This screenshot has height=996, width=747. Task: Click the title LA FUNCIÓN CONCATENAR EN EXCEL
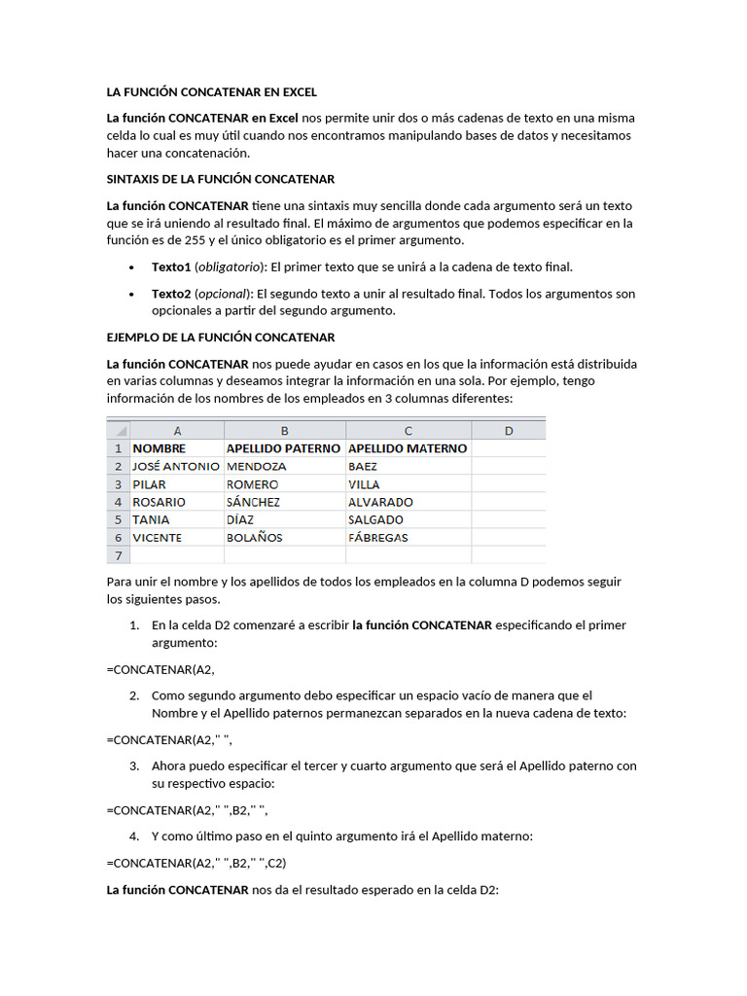point(211,92)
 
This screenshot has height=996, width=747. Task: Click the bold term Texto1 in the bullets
point(171,267)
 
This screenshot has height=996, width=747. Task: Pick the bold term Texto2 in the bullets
point(171,293)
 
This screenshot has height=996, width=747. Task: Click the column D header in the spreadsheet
point(508,430)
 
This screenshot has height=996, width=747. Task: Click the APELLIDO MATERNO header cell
point(408,448)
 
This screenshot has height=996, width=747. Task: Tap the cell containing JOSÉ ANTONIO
point(176,466)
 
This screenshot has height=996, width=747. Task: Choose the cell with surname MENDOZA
point(256,466)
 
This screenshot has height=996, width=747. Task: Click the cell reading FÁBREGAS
point(377,537)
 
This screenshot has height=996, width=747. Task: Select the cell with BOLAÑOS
point(255,537)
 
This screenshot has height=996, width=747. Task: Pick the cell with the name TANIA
point(151,519)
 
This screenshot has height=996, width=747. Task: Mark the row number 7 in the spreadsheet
point(118,555)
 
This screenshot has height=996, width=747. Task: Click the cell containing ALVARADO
point(380,502)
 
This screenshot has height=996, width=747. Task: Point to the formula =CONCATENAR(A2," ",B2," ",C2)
point(196,862)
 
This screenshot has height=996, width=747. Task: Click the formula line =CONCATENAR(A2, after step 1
point(160,669)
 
